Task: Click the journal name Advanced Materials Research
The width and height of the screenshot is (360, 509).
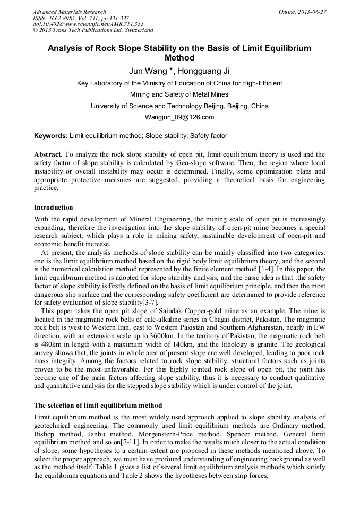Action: click(x=69, y=12)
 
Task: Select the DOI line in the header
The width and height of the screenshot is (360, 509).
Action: click(x=89, y=24)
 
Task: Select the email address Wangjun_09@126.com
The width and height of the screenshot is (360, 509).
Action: click(x=179, y=117)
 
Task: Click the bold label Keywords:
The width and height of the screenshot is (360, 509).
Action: click(x=51, y=136)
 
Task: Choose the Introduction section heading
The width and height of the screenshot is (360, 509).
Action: click(x=54, y=208)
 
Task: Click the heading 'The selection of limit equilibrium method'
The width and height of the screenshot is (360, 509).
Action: click(x=98, y=406)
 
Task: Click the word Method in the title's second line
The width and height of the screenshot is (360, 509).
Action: click(x=179, y=58)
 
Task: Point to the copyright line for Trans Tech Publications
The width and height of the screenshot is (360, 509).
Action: click(x=93, y=30)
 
